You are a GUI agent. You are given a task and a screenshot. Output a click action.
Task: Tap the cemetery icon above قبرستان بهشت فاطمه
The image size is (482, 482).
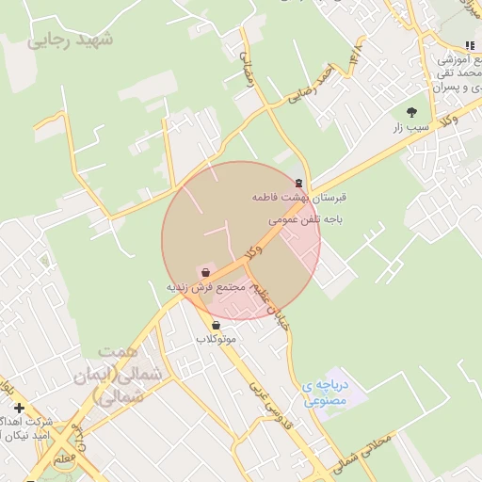pyautogui.click(x=299, y=183)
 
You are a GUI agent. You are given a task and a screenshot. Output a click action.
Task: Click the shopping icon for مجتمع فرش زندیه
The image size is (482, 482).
pyautogui.click(x=205, y=272)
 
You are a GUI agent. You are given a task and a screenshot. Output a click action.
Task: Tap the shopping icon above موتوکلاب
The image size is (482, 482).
pyautogui.click(x=217, y=325)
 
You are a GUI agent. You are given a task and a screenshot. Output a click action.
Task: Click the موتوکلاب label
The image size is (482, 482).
pyautogui.click(x=217, y=338)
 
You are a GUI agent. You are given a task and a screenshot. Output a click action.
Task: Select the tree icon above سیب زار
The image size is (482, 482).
pyautogui.click(x=411, y=111)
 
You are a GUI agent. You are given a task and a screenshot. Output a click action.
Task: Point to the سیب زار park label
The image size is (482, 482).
pyautogui.click(x=410, y=125)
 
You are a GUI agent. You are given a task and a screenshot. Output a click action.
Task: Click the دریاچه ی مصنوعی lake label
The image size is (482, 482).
pyautogui.click(x=325, y=393)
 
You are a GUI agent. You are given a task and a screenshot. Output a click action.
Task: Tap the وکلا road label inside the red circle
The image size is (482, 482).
pyautogui.click(x=252, y=249)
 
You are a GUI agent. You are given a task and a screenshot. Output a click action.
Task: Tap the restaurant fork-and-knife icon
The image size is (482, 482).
pyautogui.click(x=469, y=45)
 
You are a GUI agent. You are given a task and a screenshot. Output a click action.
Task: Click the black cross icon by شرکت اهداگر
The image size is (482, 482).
pyautogui.click(x=19, y=408)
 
